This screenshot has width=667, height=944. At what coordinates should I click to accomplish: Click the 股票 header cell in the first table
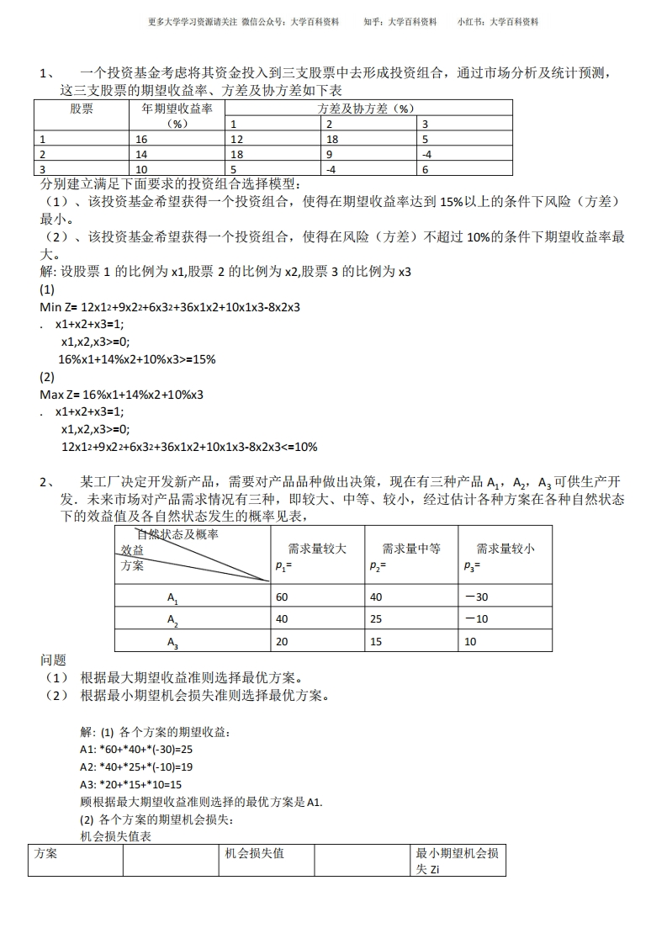81,109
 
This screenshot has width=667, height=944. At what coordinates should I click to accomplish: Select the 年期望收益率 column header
176,109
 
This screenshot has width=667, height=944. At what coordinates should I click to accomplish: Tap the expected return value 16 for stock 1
140,140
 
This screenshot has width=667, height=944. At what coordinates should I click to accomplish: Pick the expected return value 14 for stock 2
140,154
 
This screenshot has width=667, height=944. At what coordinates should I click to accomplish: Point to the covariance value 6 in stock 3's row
425,169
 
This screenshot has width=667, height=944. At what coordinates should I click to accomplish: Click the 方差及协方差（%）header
368,109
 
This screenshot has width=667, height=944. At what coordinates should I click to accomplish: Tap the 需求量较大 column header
317,549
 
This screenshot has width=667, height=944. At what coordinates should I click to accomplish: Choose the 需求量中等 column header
411,549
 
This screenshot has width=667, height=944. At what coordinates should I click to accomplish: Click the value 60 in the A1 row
282,597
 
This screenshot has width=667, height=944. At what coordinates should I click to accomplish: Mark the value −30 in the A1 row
475,597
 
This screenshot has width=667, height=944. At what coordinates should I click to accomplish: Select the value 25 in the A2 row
376,619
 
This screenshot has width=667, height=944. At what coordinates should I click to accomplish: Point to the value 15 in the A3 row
376,642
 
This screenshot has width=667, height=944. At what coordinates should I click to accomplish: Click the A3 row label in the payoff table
172,644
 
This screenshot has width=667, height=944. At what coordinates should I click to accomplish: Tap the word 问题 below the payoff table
53,660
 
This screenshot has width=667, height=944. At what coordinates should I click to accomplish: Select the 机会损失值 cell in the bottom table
255,854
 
